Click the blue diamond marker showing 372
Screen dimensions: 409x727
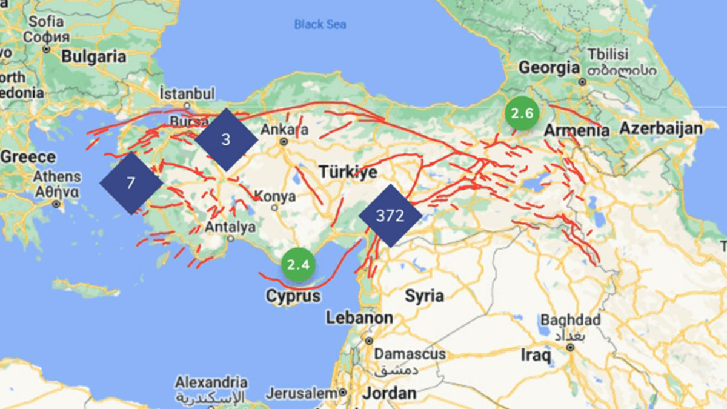pyautogui.click(x=390, y=216)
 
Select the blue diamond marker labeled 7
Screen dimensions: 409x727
pyautogui.click(x=131, y=183)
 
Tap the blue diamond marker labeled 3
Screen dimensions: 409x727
pyautogui.click(x=226, y=139)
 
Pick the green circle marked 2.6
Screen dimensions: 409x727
pyautogui.click(x=522, y=113)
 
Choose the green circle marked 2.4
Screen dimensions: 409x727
pyautogui.click(x=298, y=264)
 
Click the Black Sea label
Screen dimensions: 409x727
pyautogui.click(x=320, y=24)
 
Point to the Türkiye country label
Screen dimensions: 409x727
pyautogui.click(x=348, y=172)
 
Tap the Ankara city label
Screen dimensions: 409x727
pyautogui.click(x=284, y=130)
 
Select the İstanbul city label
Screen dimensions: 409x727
pyautogui.click(x=187, y=94)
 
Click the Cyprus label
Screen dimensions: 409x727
pyautogui.click(x=293, y=296)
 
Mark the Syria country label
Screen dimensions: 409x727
pyautogui.click(x=424, y=296)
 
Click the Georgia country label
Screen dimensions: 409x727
pyautogui.click(x=549, y=67)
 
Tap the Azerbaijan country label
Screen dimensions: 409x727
pyautogui.click(x=660, y=128)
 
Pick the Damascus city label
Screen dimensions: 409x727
pyautogui.click(x=410, y=353)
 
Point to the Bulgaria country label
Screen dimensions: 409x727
pyautogui.click(x=94, y=57)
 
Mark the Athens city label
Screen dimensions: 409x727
pyautogui.click(x=57, y=177)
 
